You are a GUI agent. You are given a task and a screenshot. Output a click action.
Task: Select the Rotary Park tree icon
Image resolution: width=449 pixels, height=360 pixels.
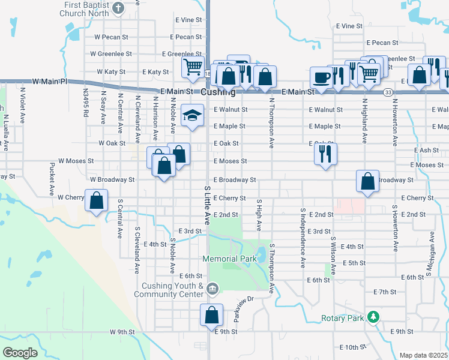[373, 316]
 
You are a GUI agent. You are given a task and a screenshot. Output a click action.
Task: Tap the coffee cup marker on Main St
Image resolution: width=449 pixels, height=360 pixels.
[321, 77]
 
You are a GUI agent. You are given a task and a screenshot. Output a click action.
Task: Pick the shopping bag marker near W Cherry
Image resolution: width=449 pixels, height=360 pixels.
[96, 200]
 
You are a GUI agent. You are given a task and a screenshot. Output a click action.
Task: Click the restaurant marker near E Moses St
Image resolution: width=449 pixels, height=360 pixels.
[325, 154]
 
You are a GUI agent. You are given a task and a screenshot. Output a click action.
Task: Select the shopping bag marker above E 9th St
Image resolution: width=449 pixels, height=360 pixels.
[211, 314]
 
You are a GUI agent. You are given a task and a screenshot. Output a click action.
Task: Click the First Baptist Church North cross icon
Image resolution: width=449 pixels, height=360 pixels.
[118, 8]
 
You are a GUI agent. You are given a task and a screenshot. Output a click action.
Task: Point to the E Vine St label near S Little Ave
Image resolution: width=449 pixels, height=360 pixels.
[188, 20]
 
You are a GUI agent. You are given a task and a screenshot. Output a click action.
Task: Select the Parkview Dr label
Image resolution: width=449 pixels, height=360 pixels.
[244, 307]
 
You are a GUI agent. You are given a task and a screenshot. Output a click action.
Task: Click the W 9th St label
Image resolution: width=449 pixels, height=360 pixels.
[122, 332]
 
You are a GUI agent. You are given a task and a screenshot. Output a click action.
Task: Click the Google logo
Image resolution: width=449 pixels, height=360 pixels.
[20, 352]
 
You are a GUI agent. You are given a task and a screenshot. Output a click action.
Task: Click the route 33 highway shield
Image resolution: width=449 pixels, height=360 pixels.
[388, 92]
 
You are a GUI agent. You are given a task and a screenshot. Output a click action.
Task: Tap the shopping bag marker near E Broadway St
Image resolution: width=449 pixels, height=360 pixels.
[367, 181]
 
